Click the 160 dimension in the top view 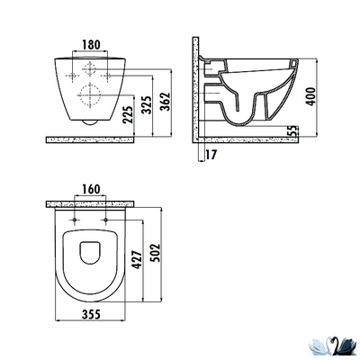[88, 190]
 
